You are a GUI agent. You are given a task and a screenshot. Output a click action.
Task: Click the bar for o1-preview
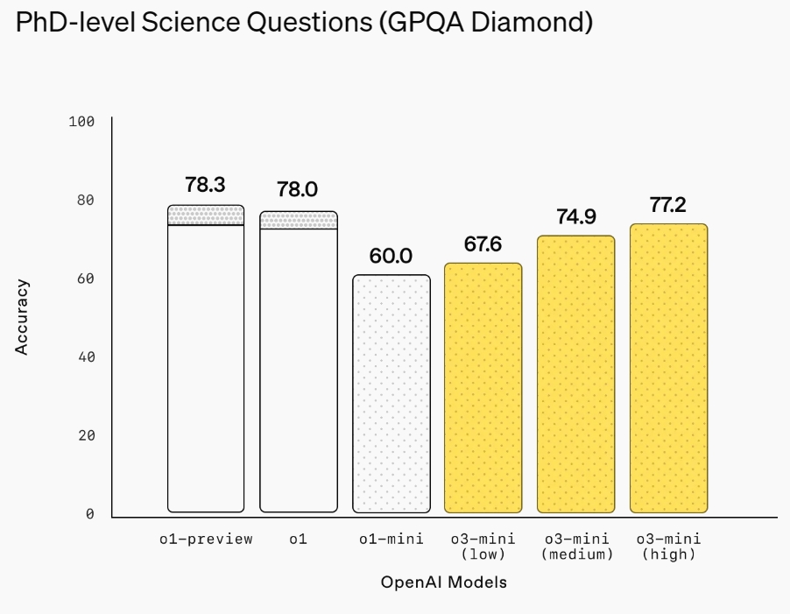tap(206, 368)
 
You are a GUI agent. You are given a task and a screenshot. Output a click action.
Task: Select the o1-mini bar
tap(391, 394)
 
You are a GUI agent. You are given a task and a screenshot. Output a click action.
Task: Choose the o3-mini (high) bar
tap(669, 368)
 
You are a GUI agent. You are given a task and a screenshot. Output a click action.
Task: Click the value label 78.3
tap(206, 185)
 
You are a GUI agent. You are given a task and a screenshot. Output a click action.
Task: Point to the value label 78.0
tap(298, 190)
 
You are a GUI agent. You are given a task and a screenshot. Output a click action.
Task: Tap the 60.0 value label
tap(391, 256)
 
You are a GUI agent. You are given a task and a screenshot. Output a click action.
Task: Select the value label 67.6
tap(483, 244)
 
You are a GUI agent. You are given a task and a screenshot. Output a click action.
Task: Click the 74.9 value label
tap(576, 216)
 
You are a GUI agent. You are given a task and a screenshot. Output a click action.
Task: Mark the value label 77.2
tap(668, 205)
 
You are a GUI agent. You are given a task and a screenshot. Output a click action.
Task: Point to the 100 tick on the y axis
tap(81, 122)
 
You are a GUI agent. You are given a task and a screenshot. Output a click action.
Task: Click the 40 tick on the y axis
tap(85, 357)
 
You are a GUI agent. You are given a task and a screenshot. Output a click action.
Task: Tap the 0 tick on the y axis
tap(89, 514)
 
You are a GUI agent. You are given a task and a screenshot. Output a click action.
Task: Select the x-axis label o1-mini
tap(391, 540)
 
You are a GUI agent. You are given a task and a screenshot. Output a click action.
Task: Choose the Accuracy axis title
tap(23, 317)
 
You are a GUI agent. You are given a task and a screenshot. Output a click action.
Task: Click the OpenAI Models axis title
tap(444, 582)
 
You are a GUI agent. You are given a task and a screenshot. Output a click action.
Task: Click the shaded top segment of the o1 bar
tap(299, 220)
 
